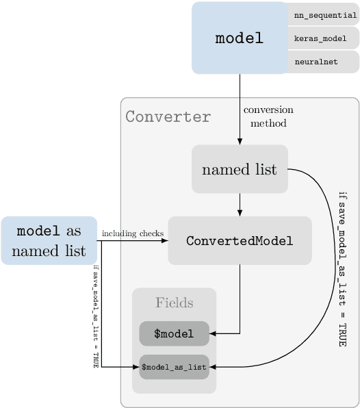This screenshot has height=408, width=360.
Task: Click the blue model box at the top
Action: tap(239, 38)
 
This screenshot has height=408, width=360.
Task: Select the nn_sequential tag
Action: tap(324, 15)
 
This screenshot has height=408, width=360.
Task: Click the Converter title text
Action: tap(168, 116)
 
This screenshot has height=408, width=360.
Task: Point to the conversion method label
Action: tap(268, 116)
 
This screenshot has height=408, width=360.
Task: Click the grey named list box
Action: tap(239, 169)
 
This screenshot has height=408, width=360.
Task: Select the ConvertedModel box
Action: tap(240, 240)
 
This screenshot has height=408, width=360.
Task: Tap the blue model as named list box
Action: tap(49, 240)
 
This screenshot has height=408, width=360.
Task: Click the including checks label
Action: tap(133, 233)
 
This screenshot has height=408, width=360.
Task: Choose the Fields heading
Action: tap(174, 303)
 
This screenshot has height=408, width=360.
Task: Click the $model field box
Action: tap(174, 334)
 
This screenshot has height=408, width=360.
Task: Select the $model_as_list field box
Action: tap(174, 367)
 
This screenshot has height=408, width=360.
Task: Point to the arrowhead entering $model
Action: tap(213, 334)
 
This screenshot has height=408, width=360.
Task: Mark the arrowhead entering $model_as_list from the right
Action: tap(213, 367)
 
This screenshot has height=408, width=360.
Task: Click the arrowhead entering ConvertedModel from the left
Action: tap(164, 240)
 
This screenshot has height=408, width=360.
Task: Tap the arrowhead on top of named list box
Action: tap(240, 141)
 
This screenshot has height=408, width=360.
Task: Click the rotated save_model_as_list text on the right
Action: tap(342, 268)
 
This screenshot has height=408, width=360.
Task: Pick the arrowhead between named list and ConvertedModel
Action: tap(240, 212)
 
